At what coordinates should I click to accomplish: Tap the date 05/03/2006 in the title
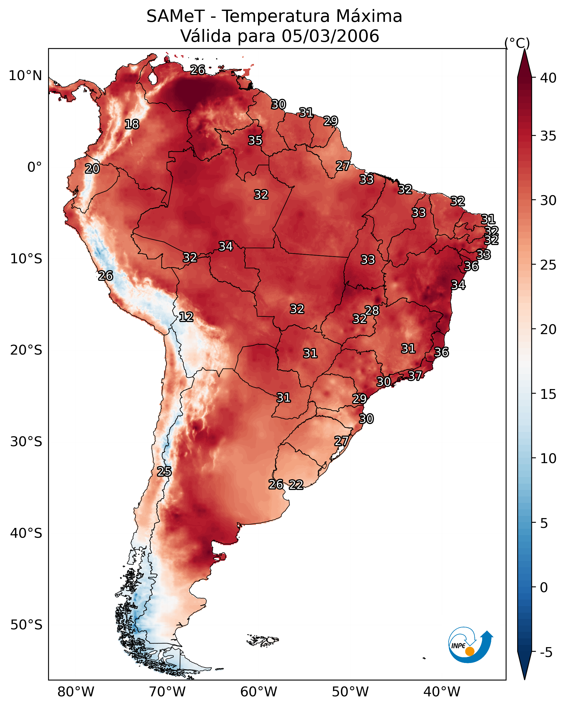pos(330,36)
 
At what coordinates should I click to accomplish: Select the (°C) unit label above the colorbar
pos(517,43)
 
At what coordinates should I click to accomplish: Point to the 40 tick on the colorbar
pos(548,78)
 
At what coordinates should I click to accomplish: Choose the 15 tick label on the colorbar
pos(548,394)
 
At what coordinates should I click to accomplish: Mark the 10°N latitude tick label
pos(25,76)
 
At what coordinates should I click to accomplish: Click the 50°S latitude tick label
pos(26,625)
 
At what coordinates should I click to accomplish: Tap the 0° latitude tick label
pos(34,167)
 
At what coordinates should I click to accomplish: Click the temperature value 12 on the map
pos(186,317)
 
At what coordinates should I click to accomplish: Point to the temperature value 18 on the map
pos(132,124)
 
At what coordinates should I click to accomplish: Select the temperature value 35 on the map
pos(255,140)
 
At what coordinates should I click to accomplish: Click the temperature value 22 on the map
pos(296,485)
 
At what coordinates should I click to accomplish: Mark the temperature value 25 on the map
pos(164,472)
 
